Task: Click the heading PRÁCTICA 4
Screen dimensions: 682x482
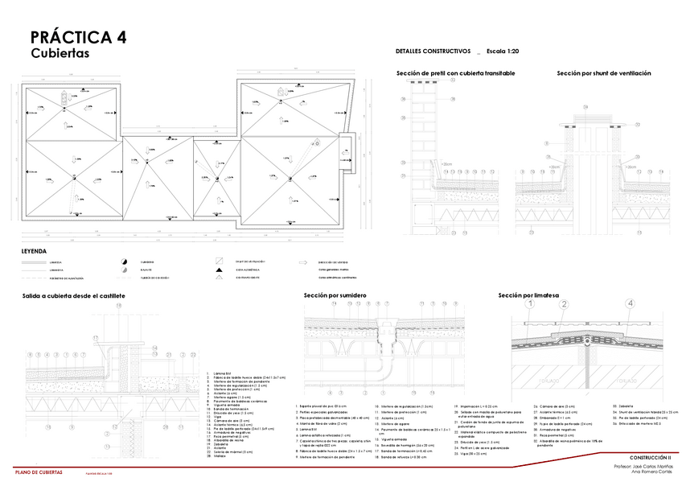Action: (x=78, y=37)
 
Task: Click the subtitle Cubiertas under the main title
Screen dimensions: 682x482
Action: (x=60, y=54)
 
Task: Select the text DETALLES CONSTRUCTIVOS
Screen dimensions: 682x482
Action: (x=433, y=51)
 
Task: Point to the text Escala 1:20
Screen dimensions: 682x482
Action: (x=503, y=51)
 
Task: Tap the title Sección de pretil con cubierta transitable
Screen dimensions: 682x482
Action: (x=455, y=73)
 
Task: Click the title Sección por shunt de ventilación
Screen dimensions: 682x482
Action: (x=603, y=73)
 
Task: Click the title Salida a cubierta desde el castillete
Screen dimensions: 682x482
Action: (x=73, y=296)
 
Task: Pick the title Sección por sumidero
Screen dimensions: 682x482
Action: (x=335, y=295)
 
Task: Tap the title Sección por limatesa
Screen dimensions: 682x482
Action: (x=528, y=295)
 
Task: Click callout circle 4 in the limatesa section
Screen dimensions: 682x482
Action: (x=630, y=303)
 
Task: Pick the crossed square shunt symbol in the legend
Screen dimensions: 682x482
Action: (x=218, y=262)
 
